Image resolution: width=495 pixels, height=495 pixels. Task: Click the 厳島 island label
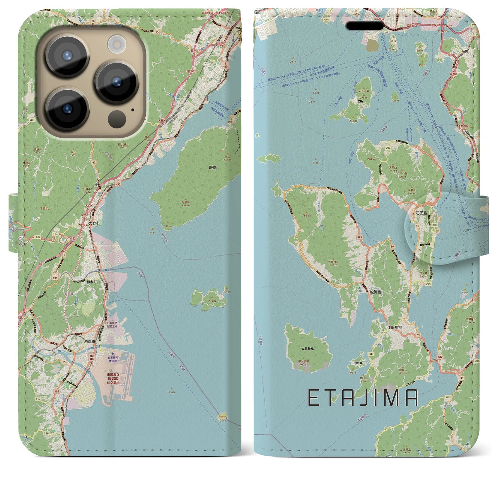[x=212, y=167]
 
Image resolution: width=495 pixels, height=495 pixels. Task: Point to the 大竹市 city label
[x=94, y=223]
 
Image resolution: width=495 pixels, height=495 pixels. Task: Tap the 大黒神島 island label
[x=308, y=348]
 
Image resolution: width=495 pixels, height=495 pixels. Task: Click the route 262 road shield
[x=326, y=20]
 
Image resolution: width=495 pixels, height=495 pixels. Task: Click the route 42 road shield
[x=94, y=163]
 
